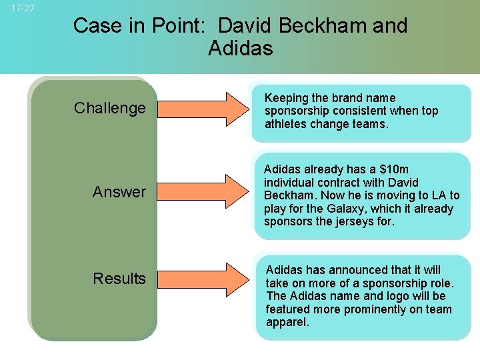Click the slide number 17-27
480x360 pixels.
click(23, 9)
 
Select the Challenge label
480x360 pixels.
click(109, 108)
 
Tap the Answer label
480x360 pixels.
click(119, 192)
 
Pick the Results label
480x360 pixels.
click(119, 279)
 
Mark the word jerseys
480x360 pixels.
click(356, 222)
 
